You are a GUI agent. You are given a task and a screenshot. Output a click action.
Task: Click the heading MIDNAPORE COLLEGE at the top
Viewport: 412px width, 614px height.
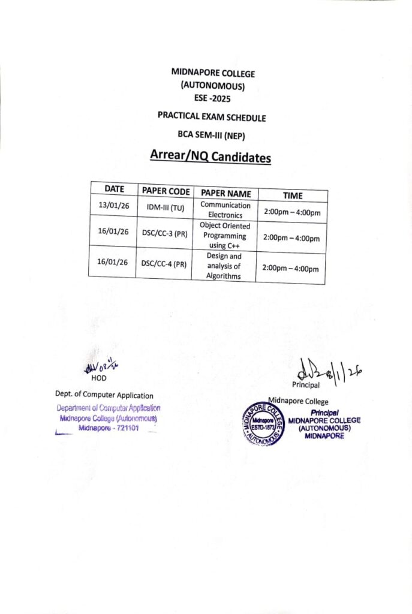pos(213,73)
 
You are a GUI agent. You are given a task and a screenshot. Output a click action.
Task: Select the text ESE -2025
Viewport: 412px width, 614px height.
pos(212,99)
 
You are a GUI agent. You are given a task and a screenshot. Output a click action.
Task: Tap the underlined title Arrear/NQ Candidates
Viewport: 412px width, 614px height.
pos(210,158)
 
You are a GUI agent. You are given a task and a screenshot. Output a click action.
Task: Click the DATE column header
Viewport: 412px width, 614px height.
pos(114,189)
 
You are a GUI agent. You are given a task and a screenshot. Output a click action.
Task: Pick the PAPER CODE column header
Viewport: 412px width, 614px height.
pos(166,191)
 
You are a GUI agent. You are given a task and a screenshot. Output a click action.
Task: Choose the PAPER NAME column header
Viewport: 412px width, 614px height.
pos(225,193)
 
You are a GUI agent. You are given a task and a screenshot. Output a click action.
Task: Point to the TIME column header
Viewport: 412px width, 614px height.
pos(293,195)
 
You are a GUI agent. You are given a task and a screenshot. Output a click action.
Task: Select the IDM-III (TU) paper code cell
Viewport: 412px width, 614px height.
pos(165,208)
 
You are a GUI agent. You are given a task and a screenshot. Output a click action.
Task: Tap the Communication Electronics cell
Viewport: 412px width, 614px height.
pos(225,209)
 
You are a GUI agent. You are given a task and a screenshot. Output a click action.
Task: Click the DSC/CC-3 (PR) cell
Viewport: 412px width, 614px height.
pos(164,233)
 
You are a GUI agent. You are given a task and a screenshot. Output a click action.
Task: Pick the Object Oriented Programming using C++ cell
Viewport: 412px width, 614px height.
pos(225,236)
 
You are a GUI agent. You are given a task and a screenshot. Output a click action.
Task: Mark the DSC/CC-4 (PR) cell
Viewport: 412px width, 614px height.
pos(164,263)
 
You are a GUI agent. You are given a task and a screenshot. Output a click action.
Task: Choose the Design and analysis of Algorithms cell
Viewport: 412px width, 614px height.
pos(224,266)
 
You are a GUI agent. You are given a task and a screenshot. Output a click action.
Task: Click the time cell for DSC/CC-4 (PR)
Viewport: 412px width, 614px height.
pos(291,269)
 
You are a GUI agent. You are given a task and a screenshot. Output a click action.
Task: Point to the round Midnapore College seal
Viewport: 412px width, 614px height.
pos(261,422)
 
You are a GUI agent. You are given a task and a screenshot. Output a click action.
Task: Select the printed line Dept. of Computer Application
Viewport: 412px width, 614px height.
pos(104,395)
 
